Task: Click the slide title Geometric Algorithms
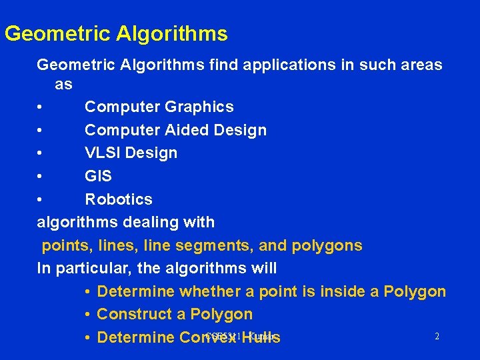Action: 116,33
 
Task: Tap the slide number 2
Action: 437,337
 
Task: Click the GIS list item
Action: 98,176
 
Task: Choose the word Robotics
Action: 119,199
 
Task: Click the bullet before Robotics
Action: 41,199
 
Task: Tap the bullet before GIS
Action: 41,176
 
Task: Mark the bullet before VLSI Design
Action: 41,153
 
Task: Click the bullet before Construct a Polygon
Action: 89,314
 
